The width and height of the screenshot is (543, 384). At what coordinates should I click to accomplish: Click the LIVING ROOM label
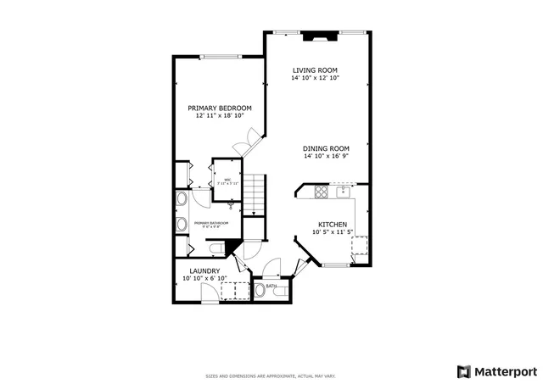click(x=316, y=70)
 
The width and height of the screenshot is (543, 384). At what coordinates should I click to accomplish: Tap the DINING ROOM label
click(x=327, y=148)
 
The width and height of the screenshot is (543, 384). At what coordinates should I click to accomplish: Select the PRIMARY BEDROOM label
click(x=220, y=109)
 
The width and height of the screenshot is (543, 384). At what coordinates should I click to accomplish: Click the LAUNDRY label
click(x=204, y=271)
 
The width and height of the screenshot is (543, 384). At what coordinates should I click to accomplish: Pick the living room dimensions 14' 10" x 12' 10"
click(x=316, y=78)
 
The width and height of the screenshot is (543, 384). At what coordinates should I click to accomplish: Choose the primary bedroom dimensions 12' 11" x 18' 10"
click(x=220, y=116)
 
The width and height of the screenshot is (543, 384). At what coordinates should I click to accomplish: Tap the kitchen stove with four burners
click(x=322, y=192)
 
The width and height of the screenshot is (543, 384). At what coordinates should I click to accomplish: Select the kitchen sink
click(x=344, y=192)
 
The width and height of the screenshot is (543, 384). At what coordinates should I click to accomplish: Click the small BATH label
click(x=271, y=287)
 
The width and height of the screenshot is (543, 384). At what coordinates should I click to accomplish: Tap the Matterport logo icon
click(x=463, y=371)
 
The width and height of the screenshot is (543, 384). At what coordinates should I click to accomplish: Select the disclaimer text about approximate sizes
click(x=271, y=376)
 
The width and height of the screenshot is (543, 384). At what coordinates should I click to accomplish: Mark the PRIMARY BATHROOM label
click(x=207, y=225)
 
